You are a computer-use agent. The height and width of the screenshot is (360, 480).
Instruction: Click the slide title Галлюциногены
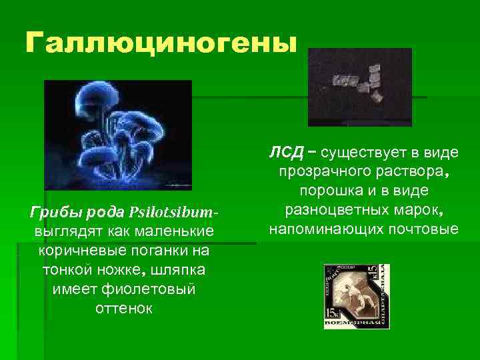click(x=159, y=43)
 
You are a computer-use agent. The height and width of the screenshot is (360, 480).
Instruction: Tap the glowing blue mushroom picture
click(x=118, y=135)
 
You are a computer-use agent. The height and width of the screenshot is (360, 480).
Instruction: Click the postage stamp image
click(x=356, y=296)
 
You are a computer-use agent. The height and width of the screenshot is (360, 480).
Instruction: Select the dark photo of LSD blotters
click(x=360, y=87)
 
